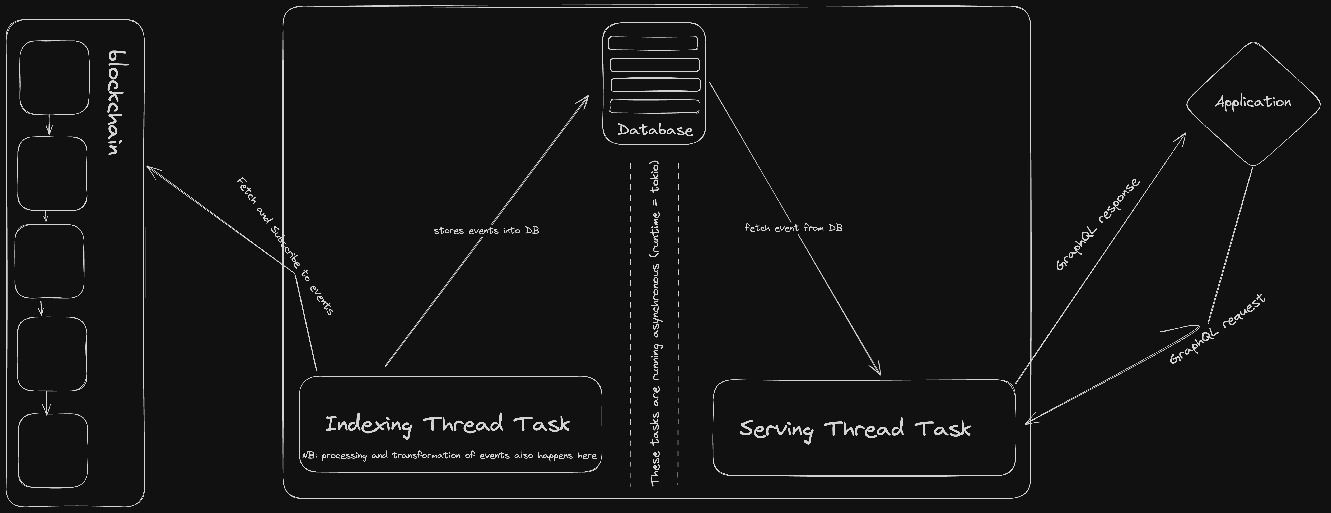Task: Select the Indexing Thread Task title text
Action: pos(447,424)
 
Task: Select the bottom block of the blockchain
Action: pos(53,450)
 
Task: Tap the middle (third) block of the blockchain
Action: pos(50,261)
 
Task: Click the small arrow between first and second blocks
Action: pos(49,126)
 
